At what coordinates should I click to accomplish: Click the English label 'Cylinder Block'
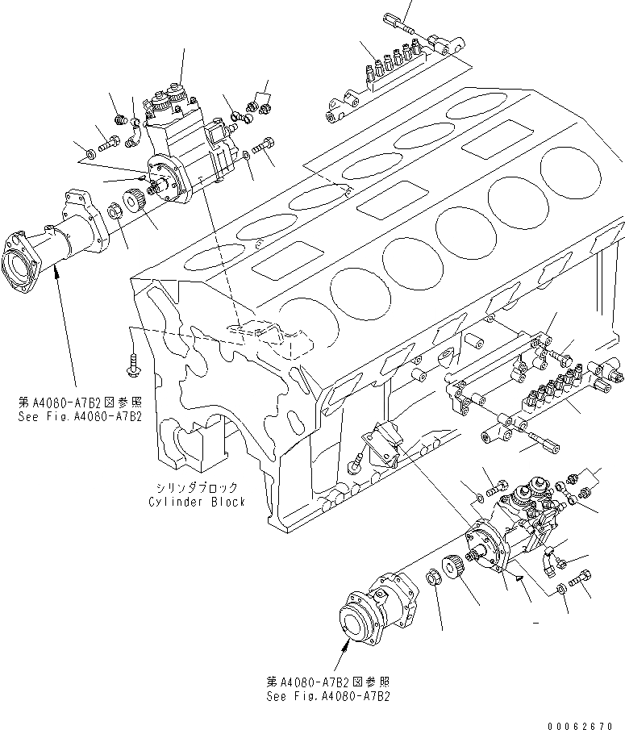pyautogui.click(x=197, y=501)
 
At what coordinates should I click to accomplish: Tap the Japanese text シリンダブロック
pyautogui.click(x=197, y=488)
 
